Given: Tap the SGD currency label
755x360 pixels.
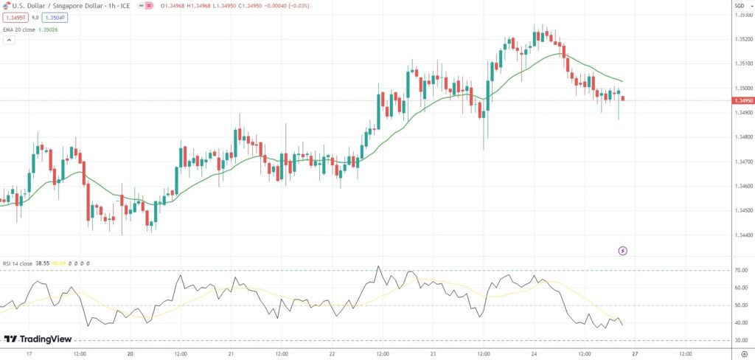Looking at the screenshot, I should pyautogui.click(x=739, y=6).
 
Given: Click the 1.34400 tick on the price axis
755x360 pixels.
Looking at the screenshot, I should pyautogui.click(x=742, y=235).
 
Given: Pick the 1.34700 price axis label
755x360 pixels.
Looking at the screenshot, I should pyautogui.click(x=742, y=162).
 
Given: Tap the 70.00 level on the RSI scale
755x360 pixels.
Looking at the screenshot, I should pyautogui.click(x=741, y=271).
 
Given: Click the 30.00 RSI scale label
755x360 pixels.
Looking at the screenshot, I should pyautogui.click(x=741, y=341).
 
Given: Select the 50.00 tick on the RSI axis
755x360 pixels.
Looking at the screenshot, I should pyautogui.click(x=741, y=305).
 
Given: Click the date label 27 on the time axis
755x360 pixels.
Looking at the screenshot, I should pyautogui.click(x=634, y=354).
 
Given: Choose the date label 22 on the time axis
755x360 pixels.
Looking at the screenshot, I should pyautogui.click(x=332, y=354).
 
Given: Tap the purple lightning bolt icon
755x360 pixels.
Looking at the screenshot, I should pyautogui.click(x=623, y=251).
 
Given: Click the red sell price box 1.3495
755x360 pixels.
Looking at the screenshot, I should pyautogui.click(x=15, y=18).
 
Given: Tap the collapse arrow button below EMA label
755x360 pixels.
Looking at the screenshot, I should pyautogui.click(x=9, y=40).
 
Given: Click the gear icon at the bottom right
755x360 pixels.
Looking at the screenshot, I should pyautogui.click(x=743, y=354).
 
